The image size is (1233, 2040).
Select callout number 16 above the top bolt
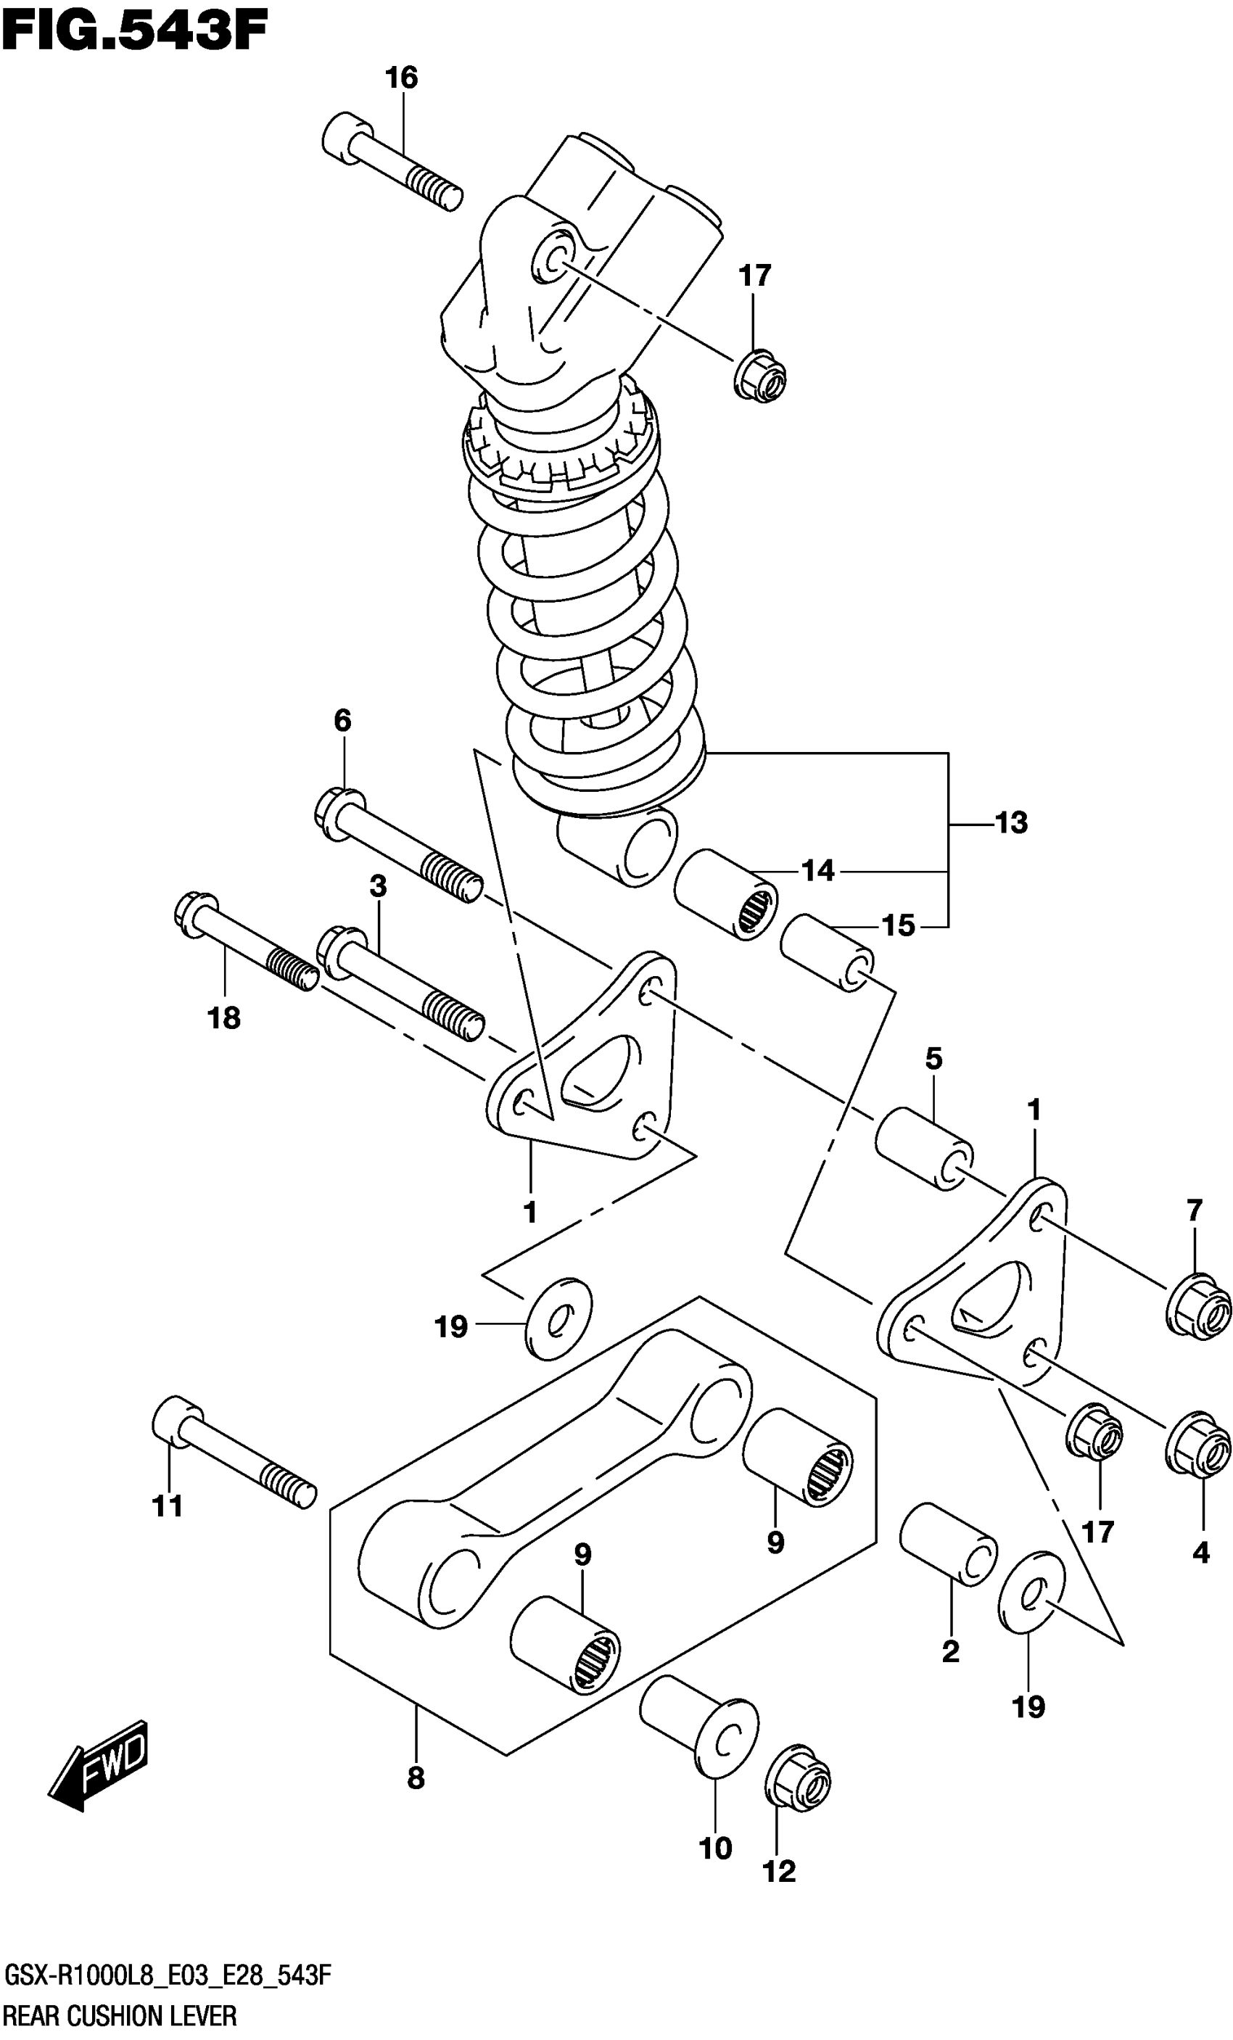(402, 78)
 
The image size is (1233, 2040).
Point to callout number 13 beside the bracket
(1011, 823)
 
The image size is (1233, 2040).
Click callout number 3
(378, 887)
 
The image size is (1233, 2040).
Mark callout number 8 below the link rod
(416, 1777)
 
